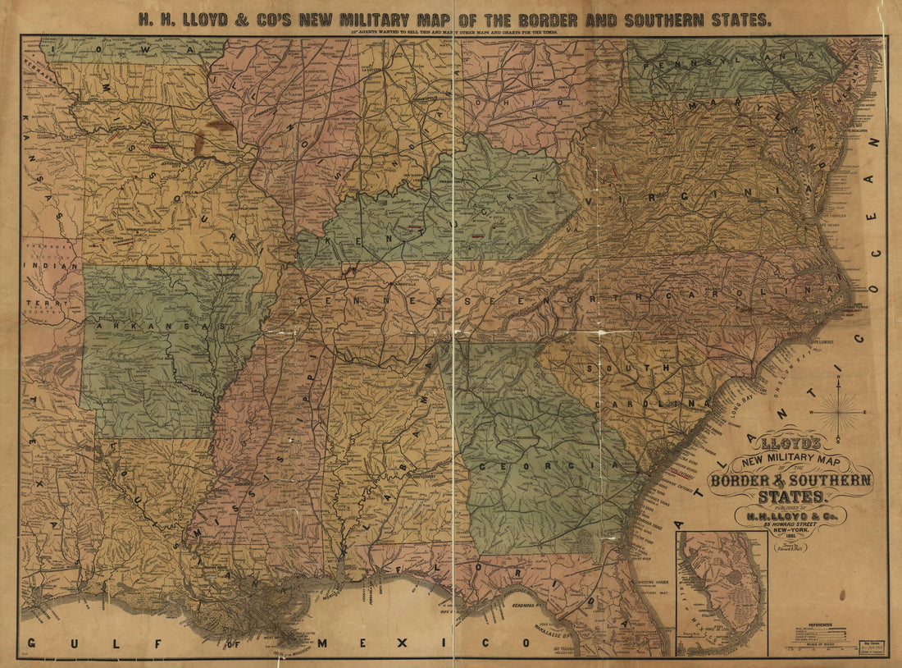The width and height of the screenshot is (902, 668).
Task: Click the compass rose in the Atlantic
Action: [837, 409]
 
